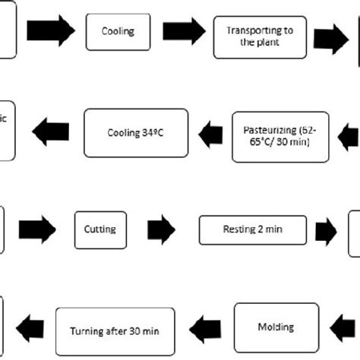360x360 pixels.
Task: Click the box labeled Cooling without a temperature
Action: click(x=117, y=31)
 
